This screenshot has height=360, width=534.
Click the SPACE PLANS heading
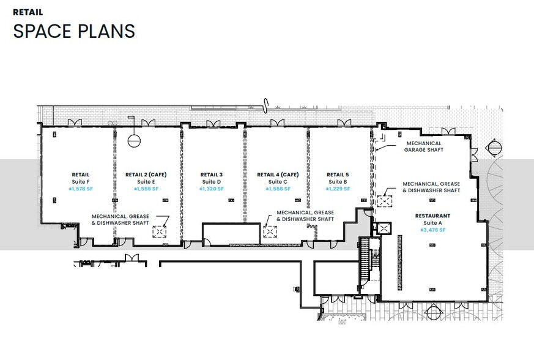coord(74,31)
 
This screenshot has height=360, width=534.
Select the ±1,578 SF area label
coord(80,189)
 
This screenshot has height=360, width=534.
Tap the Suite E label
coord(146,182)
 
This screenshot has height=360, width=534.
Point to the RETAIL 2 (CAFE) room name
coord(146,174)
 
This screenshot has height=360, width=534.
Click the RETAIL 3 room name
coord(212,174)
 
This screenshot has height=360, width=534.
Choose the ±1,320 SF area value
coord(212,189)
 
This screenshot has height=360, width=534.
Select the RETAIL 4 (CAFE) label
coord(277,174)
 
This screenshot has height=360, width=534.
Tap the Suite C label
coord(277,182)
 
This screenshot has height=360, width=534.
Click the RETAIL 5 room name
coord(338,174)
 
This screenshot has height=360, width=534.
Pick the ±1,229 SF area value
coord(338,189)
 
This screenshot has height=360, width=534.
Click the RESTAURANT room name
coord(432,216)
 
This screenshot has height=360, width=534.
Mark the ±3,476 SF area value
coord(432,230)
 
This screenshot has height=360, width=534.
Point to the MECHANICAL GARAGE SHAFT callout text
coord(423,146)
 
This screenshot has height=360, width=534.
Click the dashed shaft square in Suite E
coord(159,231)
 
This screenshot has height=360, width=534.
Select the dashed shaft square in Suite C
coord(269,231)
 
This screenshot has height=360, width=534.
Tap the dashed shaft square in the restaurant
coord(385,201)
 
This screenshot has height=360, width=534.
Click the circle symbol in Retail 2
coord(134,140)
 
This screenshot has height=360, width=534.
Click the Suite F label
coord(80,182)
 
